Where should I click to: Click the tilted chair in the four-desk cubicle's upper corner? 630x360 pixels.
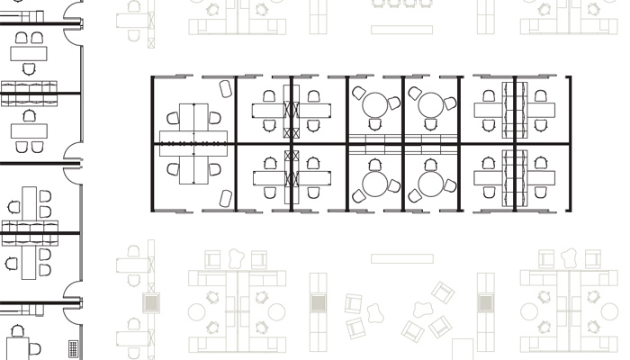(225, 87)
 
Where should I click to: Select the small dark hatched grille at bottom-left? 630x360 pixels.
(72, 348)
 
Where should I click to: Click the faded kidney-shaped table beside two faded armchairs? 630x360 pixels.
(376, 310)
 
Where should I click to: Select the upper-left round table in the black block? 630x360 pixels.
(373, 104)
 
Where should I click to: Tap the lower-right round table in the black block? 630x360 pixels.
(431, 185)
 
